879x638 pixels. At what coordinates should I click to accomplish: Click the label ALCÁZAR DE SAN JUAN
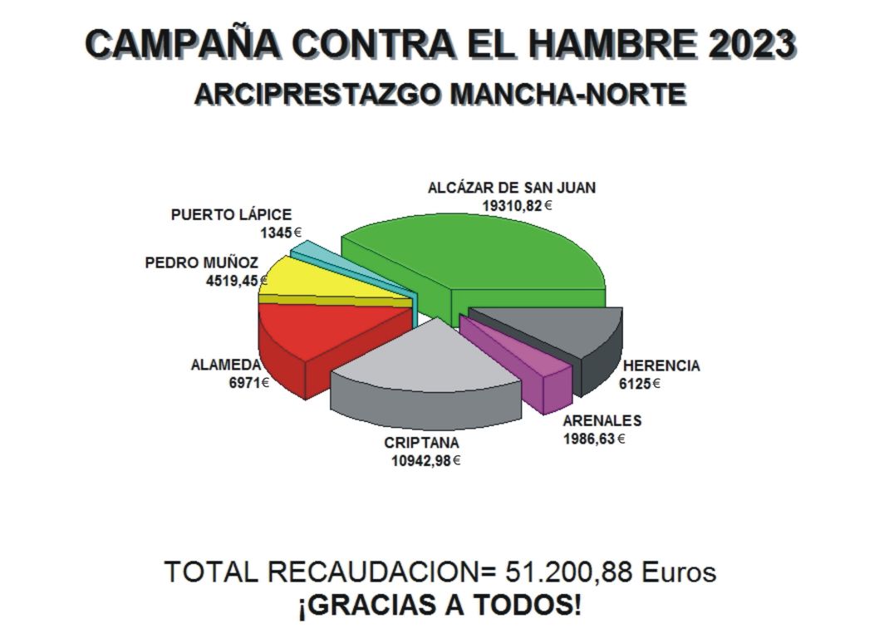[x=511, y=188]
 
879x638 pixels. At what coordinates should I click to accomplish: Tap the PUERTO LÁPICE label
[x=231, y=215]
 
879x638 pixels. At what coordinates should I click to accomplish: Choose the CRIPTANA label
[x=421, y=443]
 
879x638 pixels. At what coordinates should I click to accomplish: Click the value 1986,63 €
[x=593, y=438]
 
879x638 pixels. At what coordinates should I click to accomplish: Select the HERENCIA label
[x=661, y=366]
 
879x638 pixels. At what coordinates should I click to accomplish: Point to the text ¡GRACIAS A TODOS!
[x=439, y=605]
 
